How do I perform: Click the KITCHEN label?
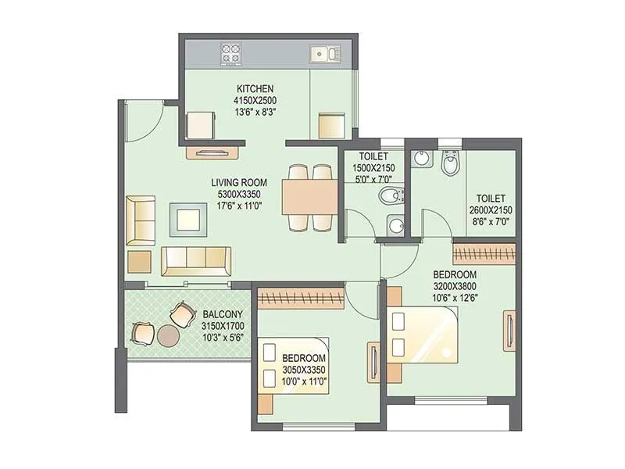[x=255, y=89]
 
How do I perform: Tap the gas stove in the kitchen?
[x=232, y=53]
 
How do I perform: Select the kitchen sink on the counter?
[x=322, y=53]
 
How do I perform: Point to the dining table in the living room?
[x=309, y=198]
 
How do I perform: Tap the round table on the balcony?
[x=168, y=335]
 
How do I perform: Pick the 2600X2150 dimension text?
[x=489, y=210]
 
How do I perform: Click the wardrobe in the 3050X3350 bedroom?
[x=301, y=298]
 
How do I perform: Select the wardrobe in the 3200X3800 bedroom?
[x=484, y=255]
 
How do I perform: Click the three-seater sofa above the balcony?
[x=195, y=261]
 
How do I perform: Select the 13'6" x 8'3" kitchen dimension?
[x=255, y=112]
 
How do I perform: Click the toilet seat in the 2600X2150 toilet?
[x=451, y=165]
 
